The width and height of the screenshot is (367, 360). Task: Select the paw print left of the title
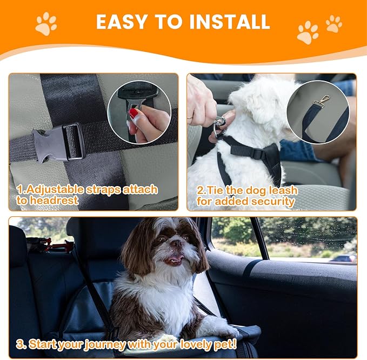coord(46,24)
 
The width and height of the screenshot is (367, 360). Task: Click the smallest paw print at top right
coord(333,23)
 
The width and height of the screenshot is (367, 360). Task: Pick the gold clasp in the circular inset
coord(323,101)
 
